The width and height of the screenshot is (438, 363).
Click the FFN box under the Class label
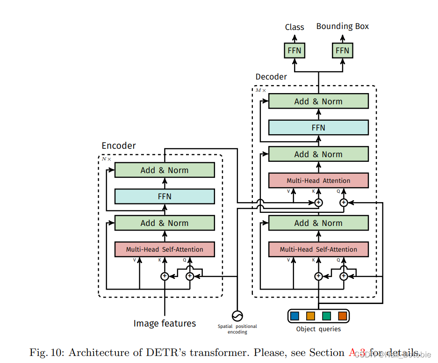click(294, 50)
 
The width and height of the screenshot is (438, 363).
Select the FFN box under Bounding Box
click(342, 50)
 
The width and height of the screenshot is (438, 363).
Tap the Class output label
click(294, 27)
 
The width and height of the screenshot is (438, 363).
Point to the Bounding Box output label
click(342, 26)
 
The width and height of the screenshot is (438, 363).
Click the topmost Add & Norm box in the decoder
click(318, 102)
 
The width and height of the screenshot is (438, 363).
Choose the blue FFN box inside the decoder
click(318, 128)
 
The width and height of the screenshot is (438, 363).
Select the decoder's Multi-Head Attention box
click(318, 181)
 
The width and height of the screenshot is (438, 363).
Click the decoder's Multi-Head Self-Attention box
click(318, 249)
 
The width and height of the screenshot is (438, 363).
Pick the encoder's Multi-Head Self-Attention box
click(165, 249)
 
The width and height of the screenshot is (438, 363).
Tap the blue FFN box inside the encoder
click(165, 196)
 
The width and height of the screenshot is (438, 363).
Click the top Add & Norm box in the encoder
click(165, 170)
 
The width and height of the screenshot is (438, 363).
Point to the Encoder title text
click(119, 146)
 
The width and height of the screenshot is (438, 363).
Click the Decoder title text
click(271, 77)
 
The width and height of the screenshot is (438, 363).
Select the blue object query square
click(294, 316)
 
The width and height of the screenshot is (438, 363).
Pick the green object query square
click(327, 316)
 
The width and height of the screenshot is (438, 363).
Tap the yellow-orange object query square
click(310, 316)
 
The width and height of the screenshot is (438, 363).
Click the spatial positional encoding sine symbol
click(237, 315)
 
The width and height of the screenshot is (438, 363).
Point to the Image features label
click(165, 324)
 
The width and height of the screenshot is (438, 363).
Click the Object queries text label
click(318, 329)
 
